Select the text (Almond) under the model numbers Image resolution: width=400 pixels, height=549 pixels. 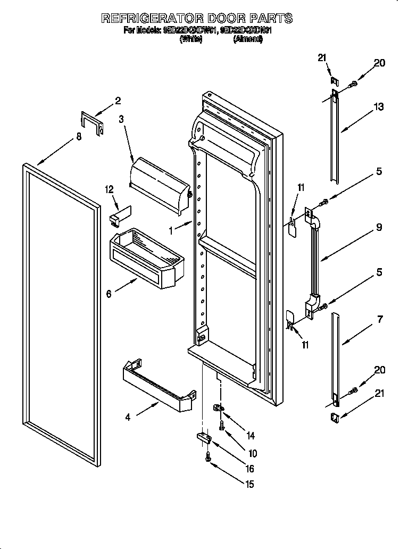[247, 39]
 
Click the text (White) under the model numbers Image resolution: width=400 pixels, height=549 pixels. [191, 39]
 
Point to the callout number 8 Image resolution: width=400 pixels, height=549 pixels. [79, 137]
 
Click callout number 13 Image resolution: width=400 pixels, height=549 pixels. [378, 107]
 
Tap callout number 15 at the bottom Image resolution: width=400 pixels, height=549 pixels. [249, 484]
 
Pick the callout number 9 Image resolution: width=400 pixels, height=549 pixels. [379, 227]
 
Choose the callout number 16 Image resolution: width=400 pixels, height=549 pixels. [249, 469]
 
